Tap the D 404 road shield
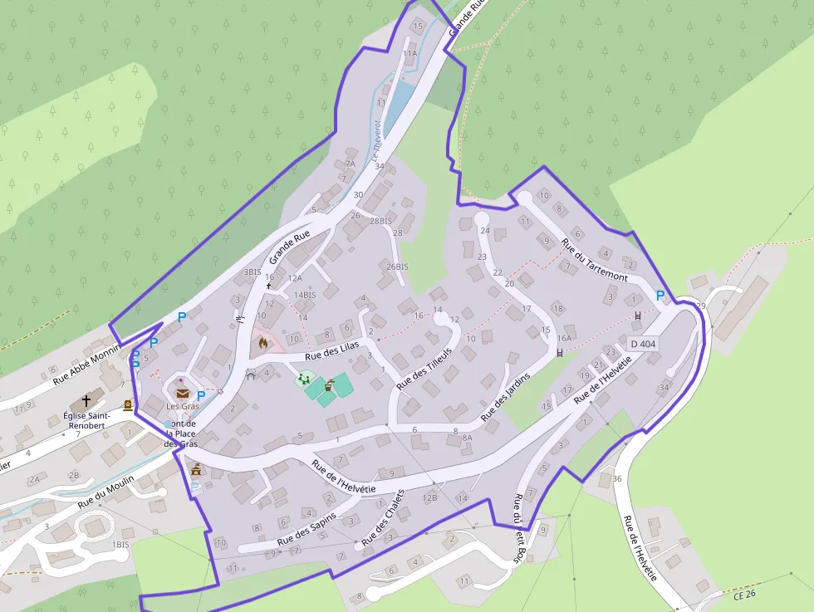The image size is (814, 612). point(644,344)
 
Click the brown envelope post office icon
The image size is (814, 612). point(182,394)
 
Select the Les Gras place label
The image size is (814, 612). point(183,406)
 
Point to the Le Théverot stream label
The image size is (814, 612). point(375,140)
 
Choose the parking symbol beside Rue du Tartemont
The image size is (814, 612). point(660,295)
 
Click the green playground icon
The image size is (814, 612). point(304,379)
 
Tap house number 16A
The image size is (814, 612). point(565,338)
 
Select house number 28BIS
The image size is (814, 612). point(380,221)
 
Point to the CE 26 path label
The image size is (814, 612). point(745,595)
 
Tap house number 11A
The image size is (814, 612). point(410,53)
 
